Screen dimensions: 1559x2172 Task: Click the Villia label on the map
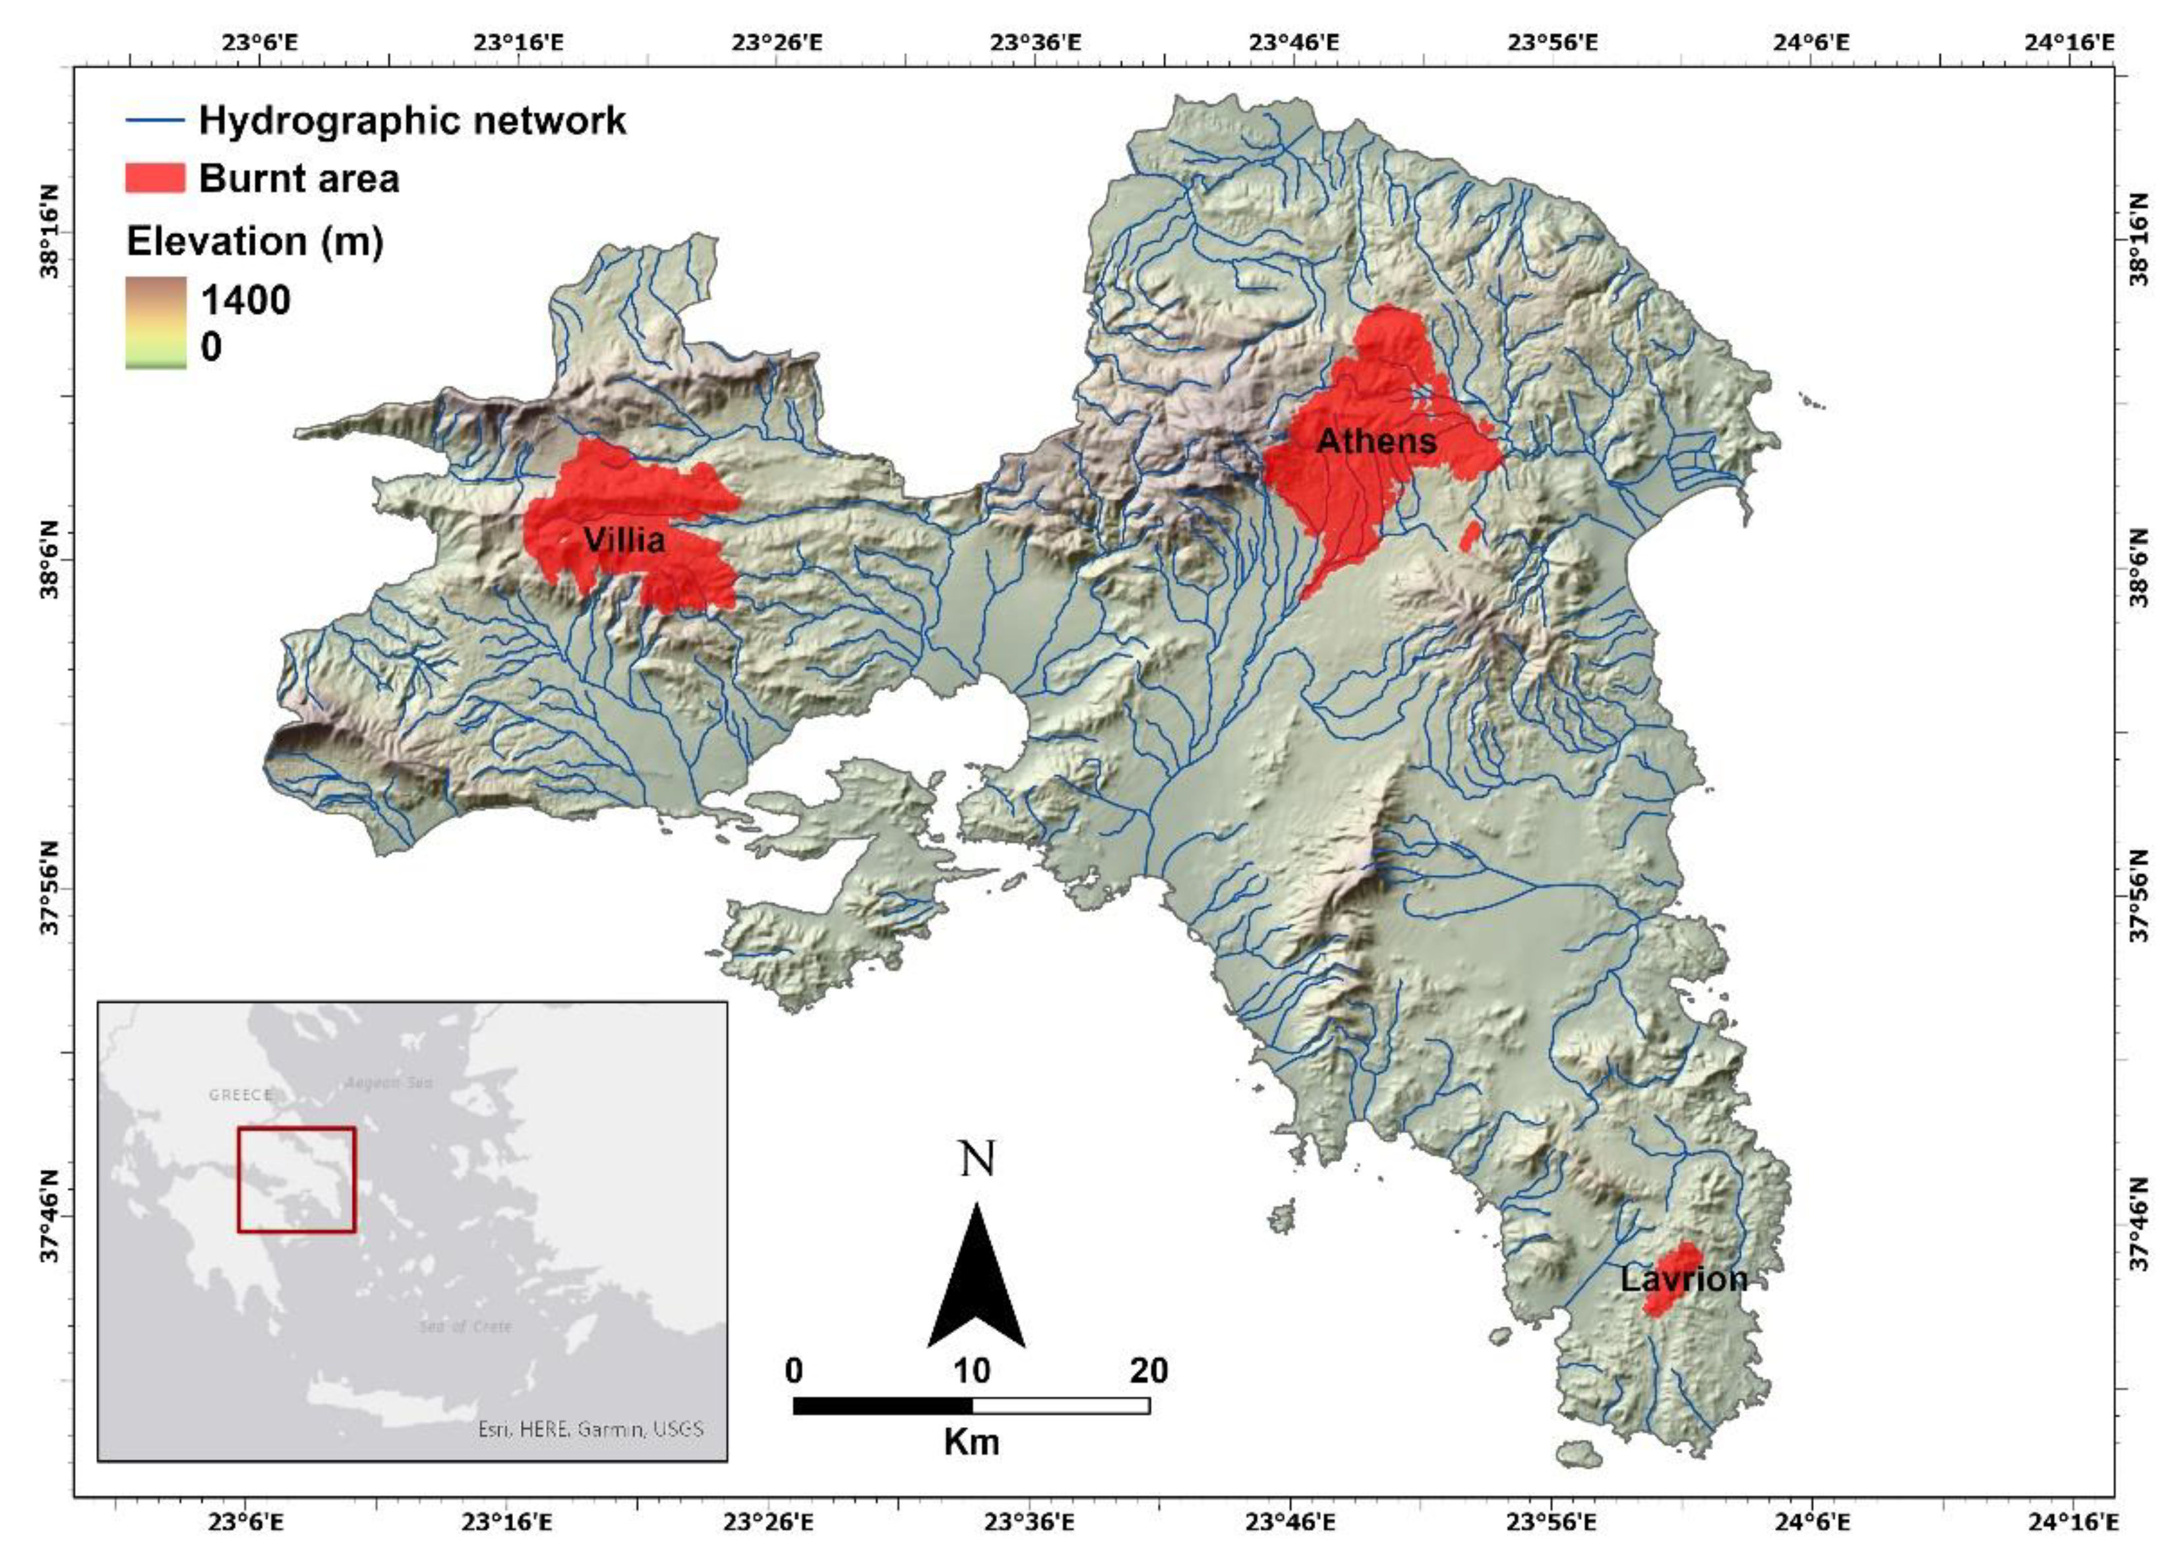(x=624, y=541)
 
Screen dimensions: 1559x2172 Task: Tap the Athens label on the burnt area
(x=1376, y=442)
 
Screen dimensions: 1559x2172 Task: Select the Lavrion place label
(x=1683, y=1280)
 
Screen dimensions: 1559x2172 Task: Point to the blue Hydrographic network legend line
(x=155, y=121)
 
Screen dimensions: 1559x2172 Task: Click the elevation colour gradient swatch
(x=155, y=323)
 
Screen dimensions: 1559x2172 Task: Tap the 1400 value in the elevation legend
(x=245, y=301)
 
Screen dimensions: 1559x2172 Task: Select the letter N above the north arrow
(x=977, y=1160)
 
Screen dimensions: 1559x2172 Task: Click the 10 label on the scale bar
(x=971, y=1371)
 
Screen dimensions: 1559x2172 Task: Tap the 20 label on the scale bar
(x=1148, y=1371)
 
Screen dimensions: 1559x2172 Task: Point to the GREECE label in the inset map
(x=241, y=1094)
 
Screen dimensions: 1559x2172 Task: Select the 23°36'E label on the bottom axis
(x=1029, y=1521)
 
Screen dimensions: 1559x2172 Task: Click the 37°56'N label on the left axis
(x=48, y=887)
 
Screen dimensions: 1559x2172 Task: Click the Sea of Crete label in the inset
(x=466, y=1326)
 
